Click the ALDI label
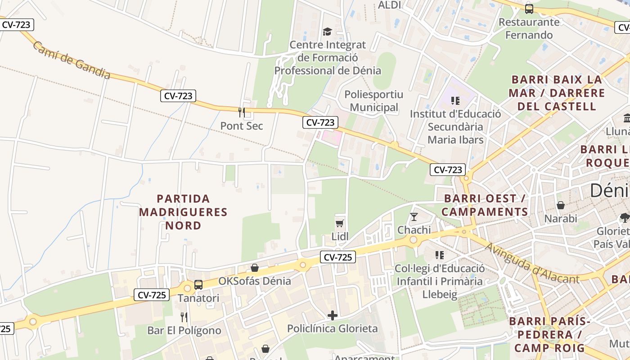(389, 5)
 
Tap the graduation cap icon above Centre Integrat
(327, 31)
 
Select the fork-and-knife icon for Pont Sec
(242, 112)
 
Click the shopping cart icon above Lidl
(340, 223)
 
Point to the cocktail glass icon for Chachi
(414, 217)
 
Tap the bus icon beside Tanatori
(198, 284)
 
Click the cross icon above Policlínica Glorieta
(333, 315)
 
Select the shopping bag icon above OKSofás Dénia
(255, 268)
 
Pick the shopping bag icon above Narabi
(561, 205)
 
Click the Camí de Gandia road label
(71, 61)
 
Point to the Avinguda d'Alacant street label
(532, 264)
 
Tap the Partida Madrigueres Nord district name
(183, 211)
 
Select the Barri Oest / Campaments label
(485, 205)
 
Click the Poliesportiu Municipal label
(373, 101)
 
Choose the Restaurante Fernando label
(529, 28)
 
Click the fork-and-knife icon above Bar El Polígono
(184, 317)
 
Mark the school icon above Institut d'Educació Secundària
(455, 100)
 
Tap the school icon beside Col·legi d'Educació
(440, 255)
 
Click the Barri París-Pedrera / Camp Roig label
(549, 334)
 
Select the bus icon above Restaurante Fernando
(529, 9)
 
